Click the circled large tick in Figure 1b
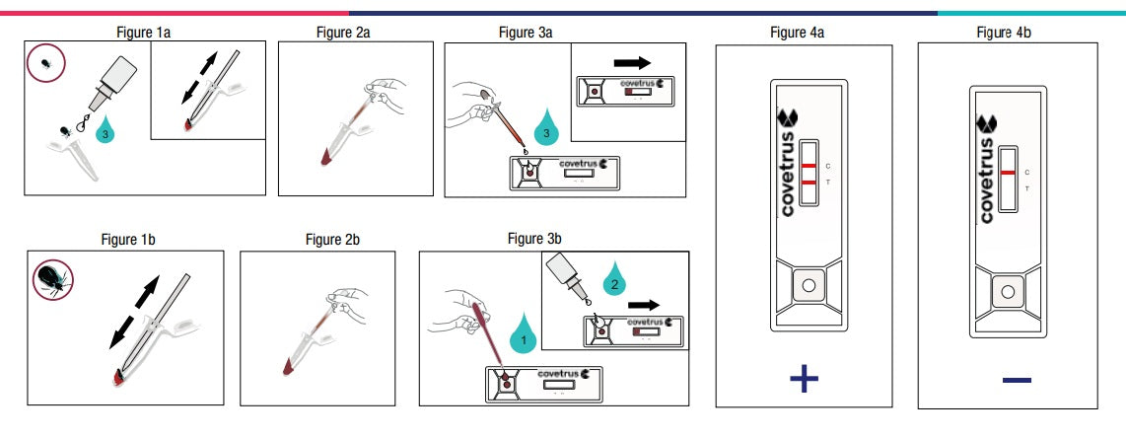point(48,280)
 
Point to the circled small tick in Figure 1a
point(46,63)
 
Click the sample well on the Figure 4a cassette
point(809,286)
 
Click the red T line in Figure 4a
point(809,183)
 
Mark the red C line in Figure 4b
point(1008,172)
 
